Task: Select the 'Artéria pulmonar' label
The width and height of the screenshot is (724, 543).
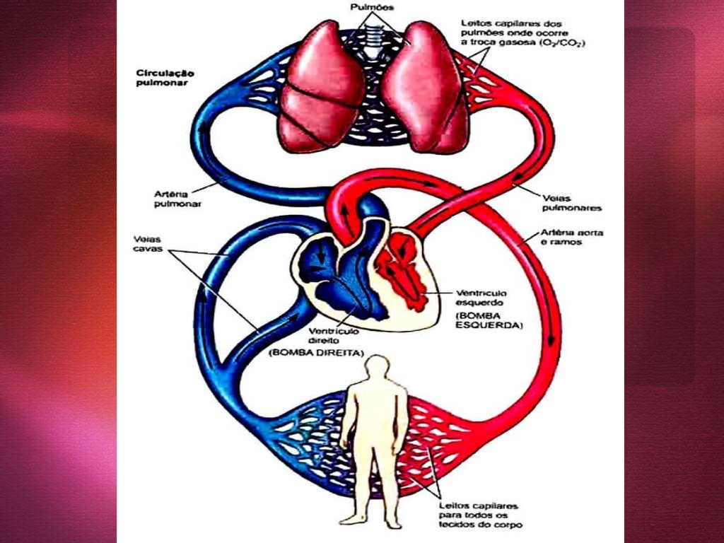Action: tap(177, 199)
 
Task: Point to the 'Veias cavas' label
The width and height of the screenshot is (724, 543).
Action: tap(148, 244)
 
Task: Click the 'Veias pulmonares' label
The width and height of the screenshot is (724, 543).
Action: tap(571, 203)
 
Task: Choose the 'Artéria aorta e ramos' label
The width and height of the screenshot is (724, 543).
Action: tap(572, 238)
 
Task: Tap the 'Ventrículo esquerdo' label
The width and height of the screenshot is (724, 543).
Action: tap(481, 298)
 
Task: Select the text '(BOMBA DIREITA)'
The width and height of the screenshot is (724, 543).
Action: tap(316, 353)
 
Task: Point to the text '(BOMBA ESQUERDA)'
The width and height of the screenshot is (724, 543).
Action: tap(489, 320)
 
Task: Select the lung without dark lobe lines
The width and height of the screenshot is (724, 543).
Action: tap(423, 88)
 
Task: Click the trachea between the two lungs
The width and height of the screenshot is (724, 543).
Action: tap(372, 39)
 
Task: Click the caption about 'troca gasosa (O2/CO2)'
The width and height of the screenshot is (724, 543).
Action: tap(522, 33)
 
